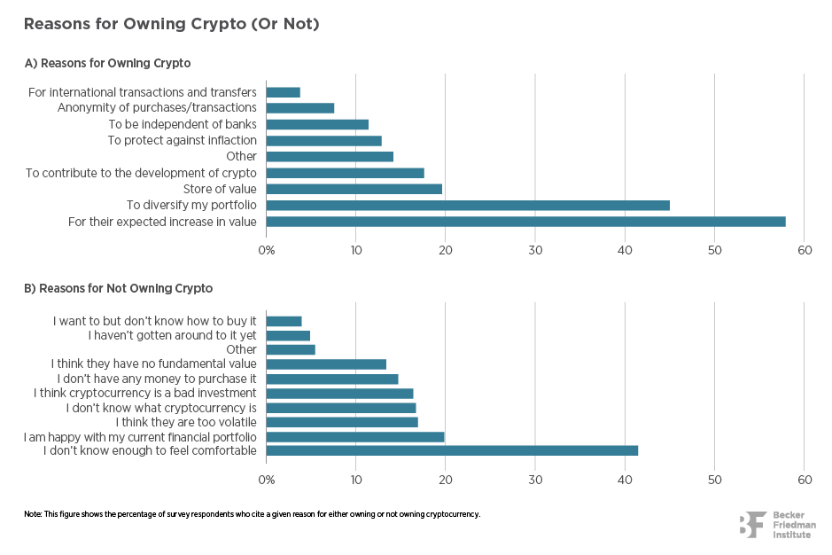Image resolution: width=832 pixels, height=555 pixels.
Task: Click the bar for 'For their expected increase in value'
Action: pyautogui.click(x=525, y=222)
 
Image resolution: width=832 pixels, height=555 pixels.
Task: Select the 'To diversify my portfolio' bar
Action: pyautogui.click(x=468, y=206)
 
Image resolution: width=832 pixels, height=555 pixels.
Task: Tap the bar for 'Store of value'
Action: pyautogui.click(x=354, y=189)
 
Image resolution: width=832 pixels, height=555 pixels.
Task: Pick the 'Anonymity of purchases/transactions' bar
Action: pyautogui.click(x=300, y=108)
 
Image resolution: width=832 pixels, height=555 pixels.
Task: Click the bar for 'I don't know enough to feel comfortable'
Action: pyautogui.click(x=452, y=450)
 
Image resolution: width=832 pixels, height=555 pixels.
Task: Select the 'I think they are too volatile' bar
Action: pyautogui.click(x=342, y=422)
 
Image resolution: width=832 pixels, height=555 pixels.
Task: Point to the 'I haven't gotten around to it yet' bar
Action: pyautogui.click(x=288, y=336)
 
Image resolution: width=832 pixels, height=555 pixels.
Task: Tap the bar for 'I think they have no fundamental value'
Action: pyautogui.click(x=326, y=364)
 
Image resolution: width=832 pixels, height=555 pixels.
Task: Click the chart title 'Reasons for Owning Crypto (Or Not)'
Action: pyautogui.click(x=171, y=24)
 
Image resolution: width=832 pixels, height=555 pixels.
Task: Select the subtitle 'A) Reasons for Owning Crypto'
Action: pyautogui.click(x=107, y=63)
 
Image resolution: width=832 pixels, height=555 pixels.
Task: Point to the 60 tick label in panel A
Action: pyautogui.click(x=804, y=251)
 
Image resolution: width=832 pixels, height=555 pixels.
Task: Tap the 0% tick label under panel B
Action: pyautogui.click(x=267, y=480)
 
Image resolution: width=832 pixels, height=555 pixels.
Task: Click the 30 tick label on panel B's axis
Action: pyautogui.click(x=535, y=480)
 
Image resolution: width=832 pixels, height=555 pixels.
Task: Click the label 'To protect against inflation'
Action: pyautogui.click(x=183, y=140)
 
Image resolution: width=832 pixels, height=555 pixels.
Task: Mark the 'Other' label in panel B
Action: pyautogui.click(x=241, y=350)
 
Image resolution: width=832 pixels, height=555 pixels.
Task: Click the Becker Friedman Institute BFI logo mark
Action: pyautogui.click(x=752, y=525)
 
